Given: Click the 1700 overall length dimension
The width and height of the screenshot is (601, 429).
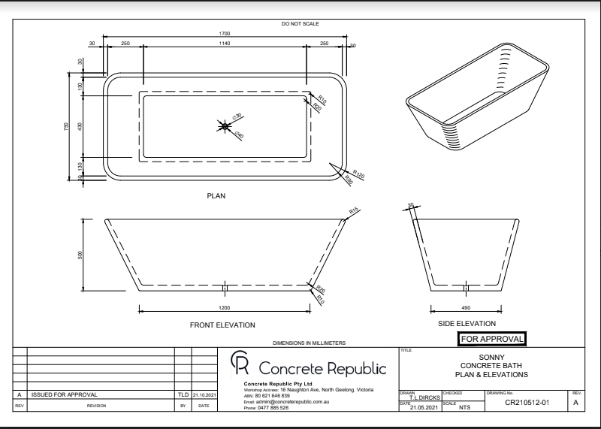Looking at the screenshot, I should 225,33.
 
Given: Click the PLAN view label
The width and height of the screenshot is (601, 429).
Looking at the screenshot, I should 216,195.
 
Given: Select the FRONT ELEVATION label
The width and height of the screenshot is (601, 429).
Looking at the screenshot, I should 222,325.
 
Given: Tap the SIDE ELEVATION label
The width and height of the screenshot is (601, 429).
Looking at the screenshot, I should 467,324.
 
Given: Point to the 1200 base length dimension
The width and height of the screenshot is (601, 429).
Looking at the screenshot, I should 225,308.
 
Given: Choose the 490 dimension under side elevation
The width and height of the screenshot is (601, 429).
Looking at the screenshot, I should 466,308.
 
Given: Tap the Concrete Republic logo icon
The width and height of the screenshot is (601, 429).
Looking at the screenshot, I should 240,366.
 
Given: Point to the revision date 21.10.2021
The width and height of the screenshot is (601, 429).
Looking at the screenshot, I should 204,394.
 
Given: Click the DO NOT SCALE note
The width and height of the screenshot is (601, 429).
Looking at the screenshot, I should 300,24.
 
